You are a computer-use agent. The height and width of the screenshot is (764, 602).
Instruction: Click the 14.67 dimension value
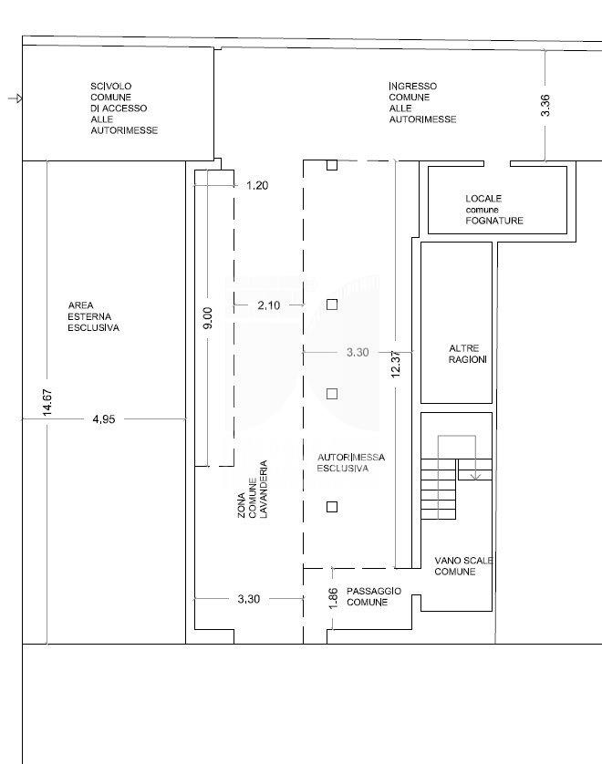pyautogui.click(x=47, y=402)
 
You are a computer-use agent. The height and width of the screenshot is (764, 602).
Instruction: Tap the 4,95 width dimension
pyautogui.click(x=104, y=419)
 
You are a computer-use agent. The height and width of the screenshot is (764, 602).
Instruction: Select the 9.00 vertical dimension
pyautogui.click(x=208, y=317)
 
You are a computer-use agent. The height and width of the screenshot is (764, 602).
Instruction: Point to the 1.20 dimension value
pyautogui.click(x=257, y=186)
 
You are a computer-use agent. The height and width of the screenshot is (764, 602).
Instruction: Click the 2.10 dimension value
pyautogui.click(x=268, y=305)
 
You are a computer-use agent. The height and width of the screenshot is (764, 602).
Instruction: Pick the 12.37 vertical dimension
pyautogui.click(x=396, y=364)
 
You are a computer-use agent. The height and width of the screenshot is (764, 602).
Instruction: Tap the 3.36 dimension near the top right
pyautogui.click(x=545, y=105)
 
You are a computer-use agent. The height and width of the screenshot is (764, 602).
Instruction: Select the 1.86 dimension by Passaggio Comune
pyautogui.click(x=334, y=598)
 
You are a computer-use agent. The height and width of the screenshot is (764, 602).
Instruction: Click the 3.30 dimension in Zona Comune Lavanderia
pyautogui.click(x=249, y=599)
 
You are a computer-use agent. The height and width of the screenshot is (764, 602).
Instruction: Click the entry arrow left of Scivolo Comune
pyautogui.click(x=16, y=98)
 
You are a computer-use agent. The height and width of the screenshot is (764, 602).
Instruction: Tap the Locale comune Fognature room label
pyautogui.click(x=494, y=210)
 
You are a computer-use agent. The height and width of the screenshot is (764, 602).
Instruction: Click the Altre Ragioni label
pyautogui.click(x=468, y=355)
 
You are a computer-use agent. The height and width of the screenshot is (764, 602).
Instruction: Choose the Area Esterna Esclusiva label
pyautogui.click(x=93, y=316)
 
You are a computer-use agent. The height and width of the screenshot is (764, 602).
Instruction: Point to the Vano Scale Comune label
pyautogui.click(x=463, y=565)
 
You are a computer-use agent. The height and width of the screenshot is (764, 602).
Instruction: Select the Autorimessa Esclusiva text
pyautogui.click(x=351, y=463)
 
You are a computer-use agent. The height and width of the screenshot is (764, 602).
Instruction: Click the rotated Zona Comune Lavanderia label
pyautogui.click(x=253, y=490)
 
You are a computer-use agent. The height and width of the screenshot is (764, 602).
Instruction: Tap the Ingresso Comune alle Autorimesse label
pyautogui.click(x=422, y=103)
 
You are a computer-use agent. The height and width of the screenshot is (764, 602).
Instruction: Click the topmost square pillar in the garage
pyautogui.click(x=332, y=165)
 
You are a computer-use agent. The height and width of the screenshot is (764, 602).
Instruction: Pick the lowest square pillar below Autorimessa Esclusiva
pyautogui.click(x=332, y=507)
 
